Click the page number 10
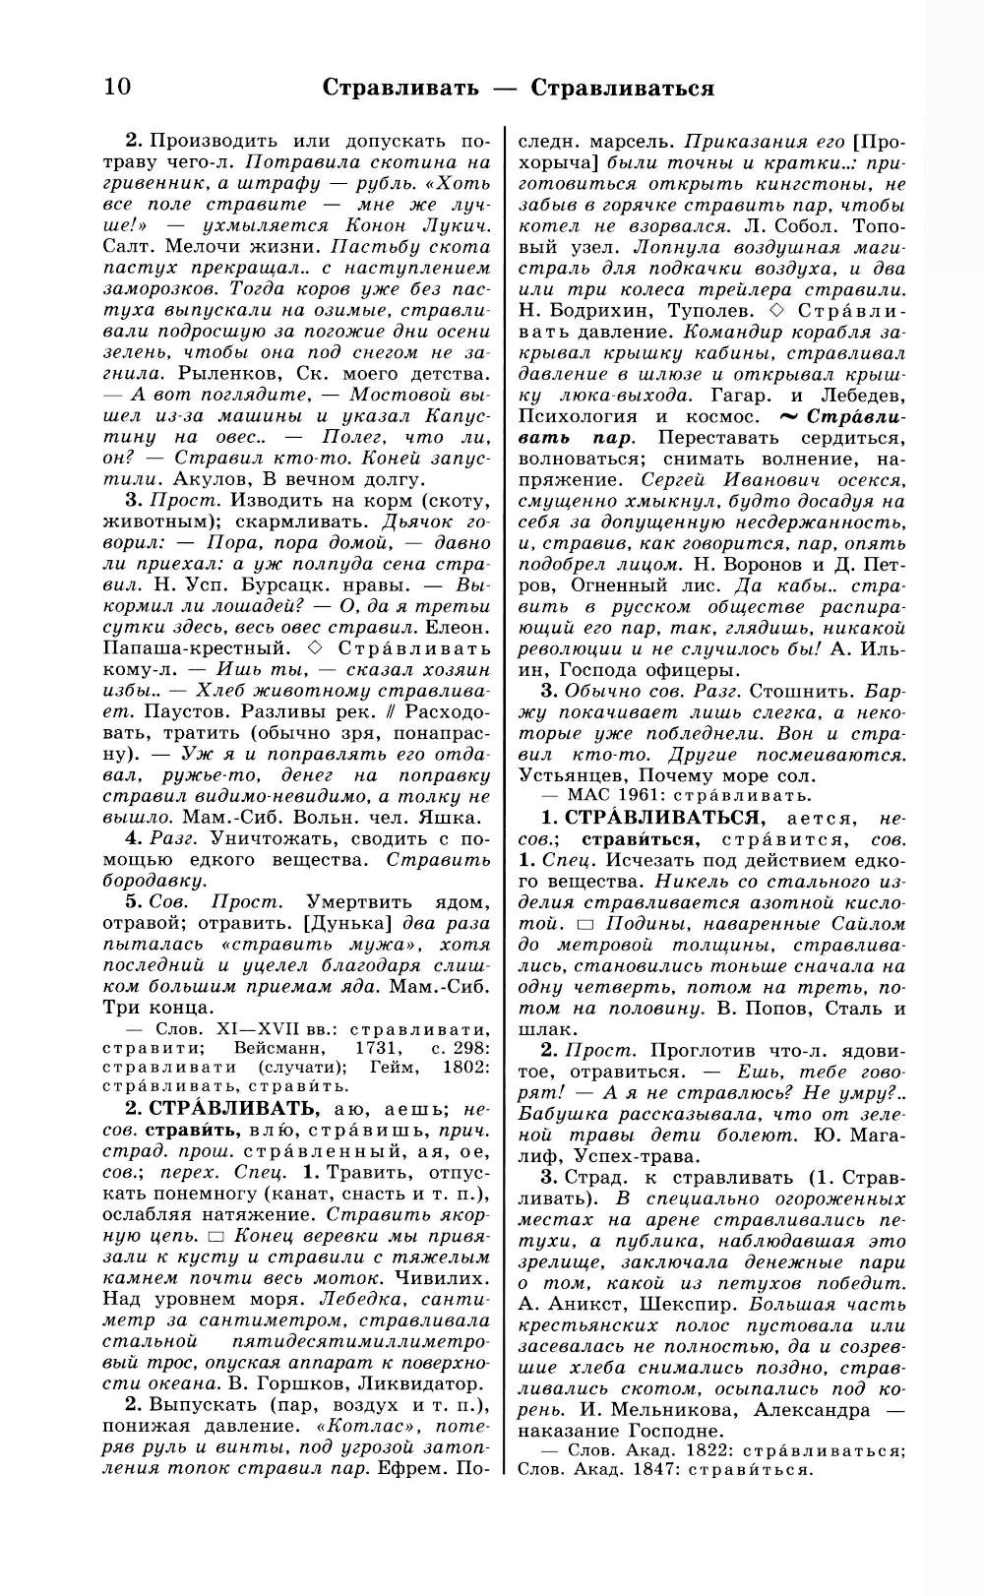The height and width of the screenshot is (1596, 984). pos(116,87)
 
